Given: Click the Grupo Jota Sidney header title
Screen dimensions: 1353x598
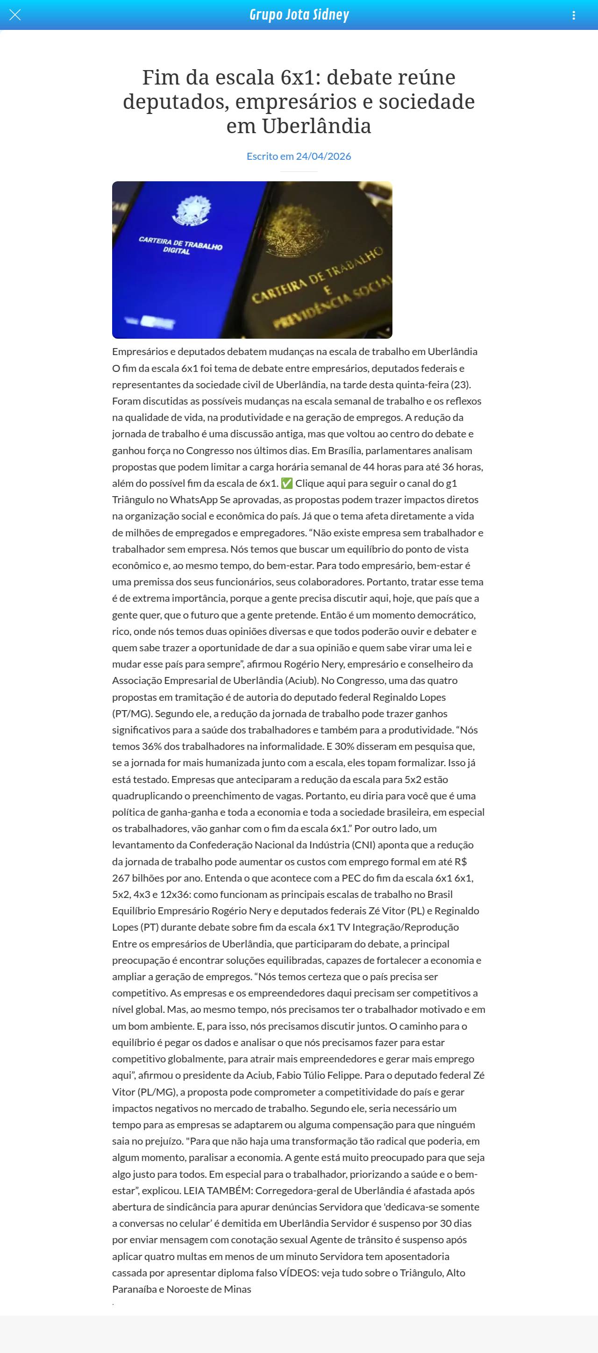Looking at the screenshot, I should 299,14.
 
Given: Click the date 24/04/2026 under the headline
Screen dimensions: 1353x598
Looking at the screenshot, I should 323,156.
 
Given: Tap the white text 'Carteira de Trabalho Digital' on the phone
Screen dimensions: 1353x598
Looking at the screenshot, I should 180,245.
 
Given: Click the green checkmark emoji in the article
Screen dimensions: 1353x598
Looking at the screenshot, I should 287,483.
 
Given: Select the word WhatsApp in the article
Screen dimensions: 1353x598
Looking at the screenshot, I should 193,499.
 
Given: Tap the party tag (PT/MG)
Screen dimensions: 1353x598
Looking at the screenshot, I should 132,714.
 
